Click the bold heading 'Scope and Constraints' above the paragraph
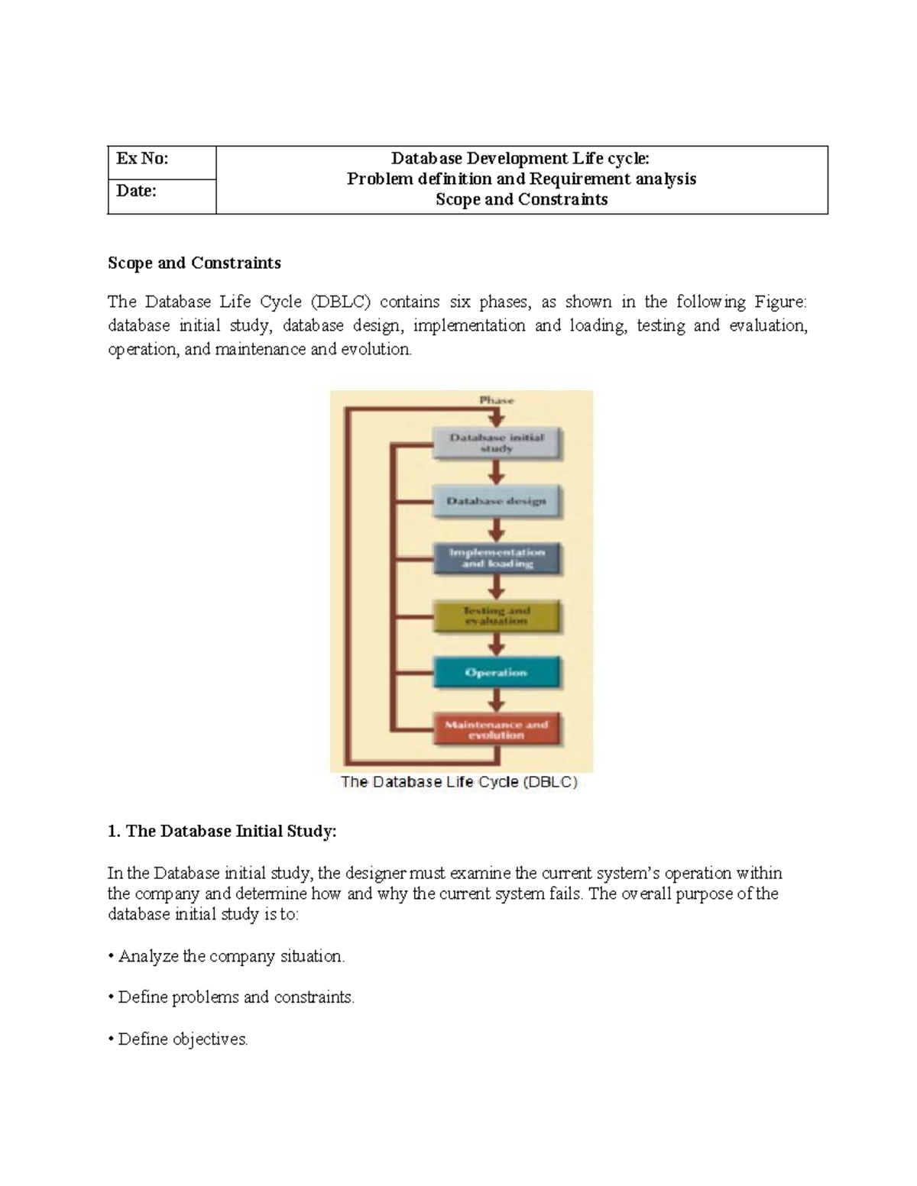[x=194, y=263]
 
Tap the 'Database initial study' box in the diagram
[x=497, y=443]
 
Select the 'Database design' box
[x=497, y=501]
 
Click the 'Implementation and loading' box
[x=497, y=558]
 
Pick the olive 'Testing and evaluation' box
[x=497, y=616]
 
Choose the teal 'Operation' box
[x=497, y=673]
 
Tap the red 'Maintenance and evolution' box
[x=497, y=729]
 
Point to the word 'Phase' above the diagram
[x=497, y=400]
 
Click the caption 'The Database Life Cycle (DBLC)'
[x=459, y=782]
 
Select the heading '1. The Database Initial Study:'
[x=222, y=831]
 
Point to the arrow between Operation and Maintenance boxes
[x=497, y=700]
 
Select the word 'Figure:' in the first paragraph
[x=780, y=302]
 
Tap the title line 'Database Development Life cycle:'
[x=520, y=159]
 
